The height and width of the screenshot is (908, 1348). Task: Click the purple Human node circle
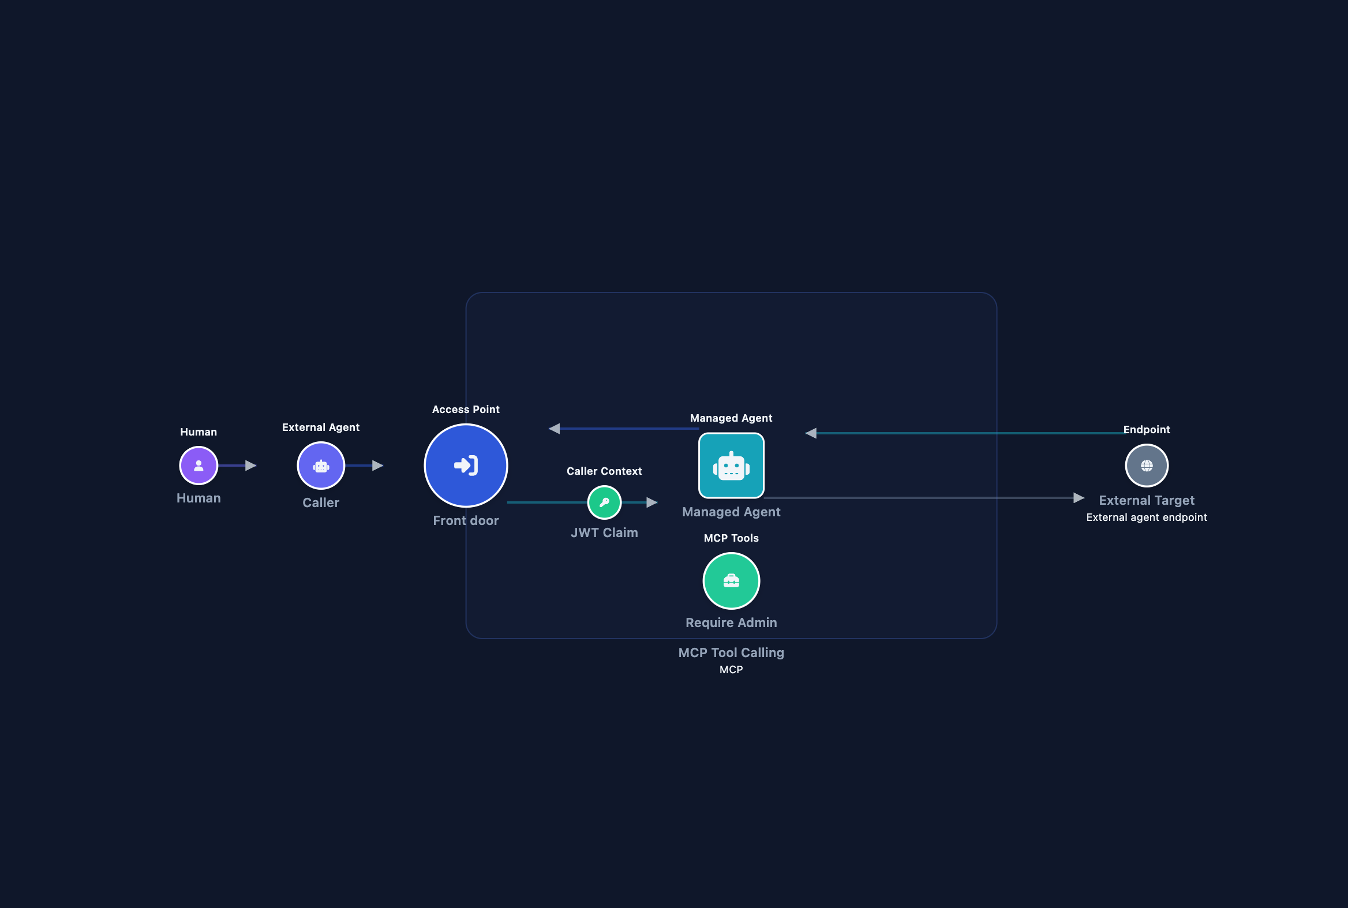pos(199,466)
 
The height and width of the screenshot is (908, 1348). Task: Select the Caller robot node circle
pos(321,466)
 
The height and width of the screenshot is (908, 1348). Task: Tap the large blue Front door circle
pos(466,466)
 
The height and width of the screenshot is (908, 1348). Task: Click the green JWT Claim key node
pos(604,502)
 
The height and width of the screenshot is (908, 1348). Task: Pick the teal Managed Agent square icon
pos(731,466)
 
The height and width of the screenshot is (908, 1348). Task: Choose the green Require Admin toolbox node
pos(731,581)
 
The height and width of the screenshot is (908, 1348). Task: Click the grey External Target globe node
pos(1147,466)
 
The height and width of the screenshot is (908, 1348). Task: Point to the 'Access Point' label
pos(466,410)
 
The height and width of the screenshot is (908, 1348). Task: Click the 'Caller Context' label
pos(604,471)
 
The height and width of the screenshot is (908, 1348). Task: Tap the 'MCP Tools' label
pos(731,538)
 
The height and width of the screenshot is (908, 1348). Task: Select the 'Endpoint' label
pos(1147,430)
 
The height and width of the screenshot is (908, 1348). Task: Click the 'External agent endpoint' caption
pos(1147,517)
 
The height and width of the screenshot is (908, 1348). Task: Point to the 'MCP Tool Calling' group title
pos(731,652)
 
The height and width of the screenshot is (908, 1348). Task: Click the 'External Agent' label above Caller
pos(321,427)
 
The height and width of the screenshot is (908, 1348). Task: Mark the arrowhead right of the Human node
pos(251,466)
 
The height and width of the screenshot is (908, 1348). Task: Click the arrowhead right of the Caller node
pos(378,466)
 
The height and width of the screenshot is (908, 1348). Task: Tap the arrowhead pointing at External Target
pos(1079,498)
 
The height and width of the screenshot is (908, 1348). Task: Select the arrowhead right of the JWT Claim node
pos(651,502)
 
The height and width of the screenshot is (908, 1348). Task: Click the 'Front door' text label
pos(466,520)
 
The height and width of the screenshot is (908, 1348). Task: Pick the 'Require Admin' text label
pos(731,622)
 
